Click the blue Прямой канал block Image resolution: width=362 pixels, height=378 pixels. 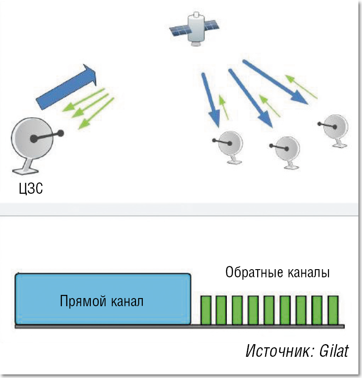click(103, 299)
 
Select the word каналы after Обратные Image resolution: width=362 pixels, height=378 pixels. click(308, 273)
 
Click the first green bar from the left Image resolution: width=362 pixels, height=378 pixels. click(206, 309)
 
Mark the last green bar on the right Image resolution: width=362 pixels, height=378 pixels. click(333, 309)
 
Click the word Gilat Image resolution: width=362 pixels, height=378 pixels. click(333, 351)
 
